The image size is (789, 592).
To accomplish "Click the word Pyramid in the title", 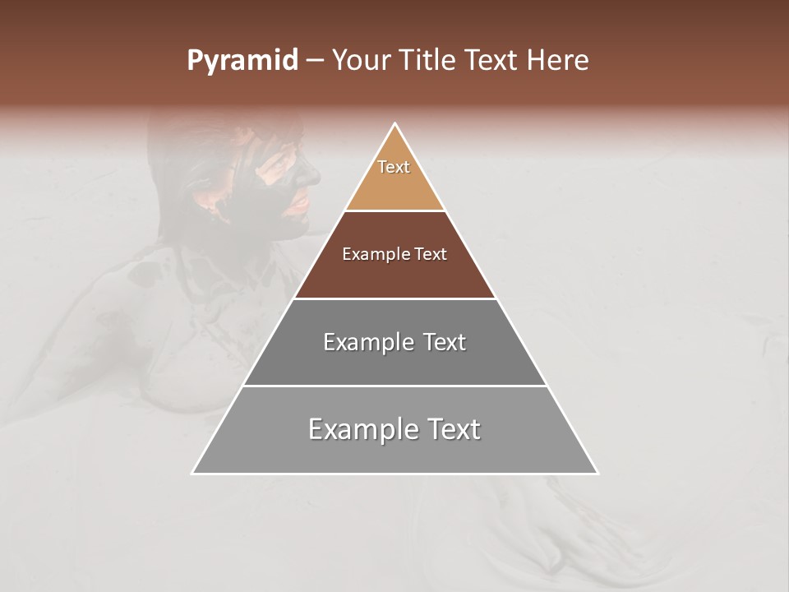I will pos(242,61).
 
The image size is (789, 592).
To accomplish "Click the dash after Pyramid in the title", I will pos(314,61).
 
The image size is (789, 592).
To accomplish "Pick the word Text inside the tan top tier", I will pos(394,167).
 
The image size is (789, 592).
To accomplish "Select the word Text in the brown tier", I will pos(431,255).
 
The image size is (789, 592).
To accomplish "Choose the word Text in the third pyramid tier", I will pos(445,342).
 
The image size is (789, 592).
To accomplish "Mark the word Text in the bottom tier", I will pos(453,429).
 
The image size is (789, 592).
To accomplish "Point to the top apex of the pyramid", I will pos(395,124).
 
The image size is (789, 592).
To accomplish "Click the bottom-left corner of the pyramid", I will pos(193,473).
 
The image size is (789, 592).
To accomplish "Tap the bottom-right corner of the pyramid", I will pos(598,473).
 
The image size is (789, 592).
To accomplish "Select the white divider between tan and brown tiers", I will pos(395,211).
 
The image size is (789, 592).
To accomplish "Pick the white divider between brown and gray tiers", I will pos(395,298).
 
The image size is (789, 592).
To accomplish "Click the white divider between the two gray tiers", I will pos(395,386).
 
